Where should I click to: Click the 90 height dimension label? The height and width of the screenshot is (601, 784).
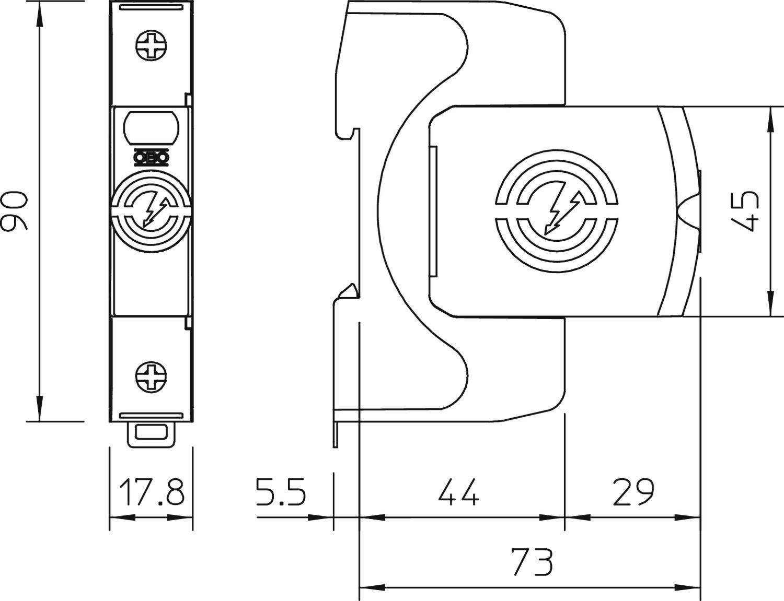tap(15, 211)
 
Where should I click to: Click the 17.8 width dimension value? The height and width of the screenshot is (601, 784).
tap(152, 492)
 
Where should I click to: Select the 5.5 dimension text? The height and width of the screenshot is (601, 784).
tap(281, 492)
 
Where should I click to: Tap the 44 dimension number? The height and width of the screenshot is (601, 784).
tap(458, 492)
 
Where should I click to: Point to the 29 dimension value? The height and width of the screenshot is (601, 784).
tap(633, 492)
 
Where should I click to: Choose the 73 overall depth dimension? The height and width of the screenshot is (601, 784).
tap(531, 562)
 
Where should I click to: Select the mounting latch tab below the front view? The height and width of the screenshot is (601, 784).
tap(151, 433)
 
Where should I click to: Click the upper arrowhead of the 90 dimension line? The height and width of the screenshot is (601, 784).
tap(40, 16)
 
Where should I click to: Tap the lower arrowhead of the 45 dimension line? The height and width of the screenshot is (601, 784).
tap(769, 303)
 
